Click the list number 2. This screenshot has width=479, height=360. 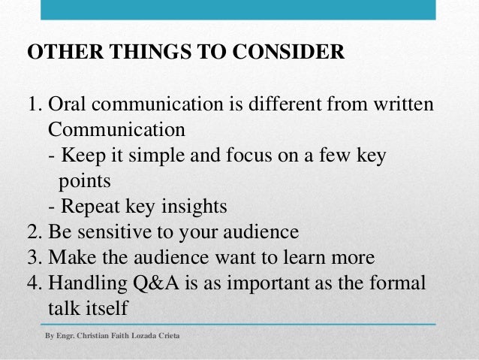click(32, 231)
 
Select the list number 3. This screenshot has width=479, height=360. click(32, 256)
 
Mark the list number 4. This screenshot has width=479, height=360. click(32, 283)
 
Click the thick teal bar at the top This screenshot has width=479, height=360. click(239, 10)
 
